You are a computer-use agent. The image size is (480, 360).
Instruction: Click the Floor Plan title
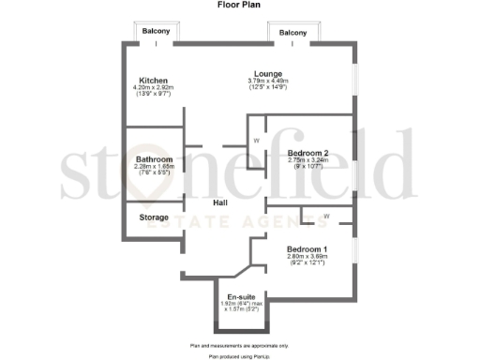pos(240,6)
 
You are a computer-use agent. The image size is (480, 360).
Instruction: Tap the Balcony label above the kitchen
pos(156,32)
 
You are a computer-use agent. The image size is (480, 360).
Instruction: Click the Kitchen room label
pos(154,80)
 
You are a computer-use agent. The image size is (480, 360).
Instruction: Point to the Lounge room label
pos(267,73)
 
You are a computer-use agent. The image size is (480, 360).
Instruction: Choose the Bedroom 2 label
pos(307,153)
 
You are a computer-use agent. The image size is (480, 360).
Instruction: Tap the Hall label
pos(220,202)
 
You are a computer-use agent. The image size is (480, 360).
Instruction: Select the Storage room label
pos(154,217)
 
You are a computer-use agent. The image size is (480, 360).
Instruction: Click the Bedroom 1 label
pos(307,249)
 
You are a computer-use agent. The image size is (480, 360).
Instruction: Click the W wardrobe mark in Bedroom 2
pos(256,141)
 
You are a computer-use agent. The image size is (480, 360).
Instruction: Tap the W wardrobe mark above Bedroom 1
pos(326,217)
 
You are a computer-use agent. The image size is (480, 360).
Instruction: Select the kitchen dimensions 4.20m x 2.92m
pos(155,88)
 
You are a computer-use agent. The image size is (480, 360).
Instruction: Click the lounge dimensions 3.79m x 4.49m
pos(267,82)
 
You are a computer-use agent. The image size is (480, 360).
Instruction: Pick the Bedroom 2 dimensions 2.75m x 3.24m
pos(307,161)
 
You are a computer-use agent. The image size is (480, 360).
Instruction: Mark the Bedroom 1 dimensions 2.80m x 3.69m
pos(307,257)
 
